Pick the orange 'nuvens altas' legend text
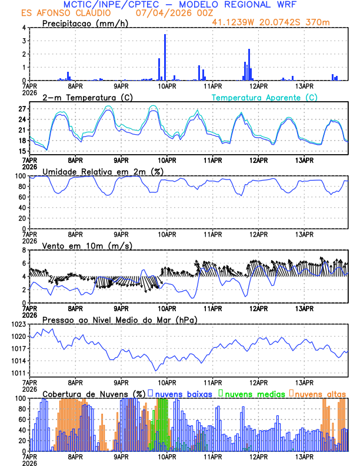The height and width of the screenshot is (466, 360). pos(320,393)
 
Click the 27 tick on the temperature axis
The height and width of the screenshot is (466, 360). pos(22,109)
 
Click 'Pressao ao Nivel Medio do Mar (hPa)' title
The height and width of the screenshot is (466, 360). pos(119,319)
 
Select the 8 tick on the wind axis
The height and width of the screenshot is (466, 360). pos(23,250)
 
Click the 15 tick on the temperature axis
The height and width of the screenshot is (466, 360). pos(22,151)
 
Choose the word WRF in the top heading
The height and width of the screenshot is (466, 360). pos(285,5)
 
